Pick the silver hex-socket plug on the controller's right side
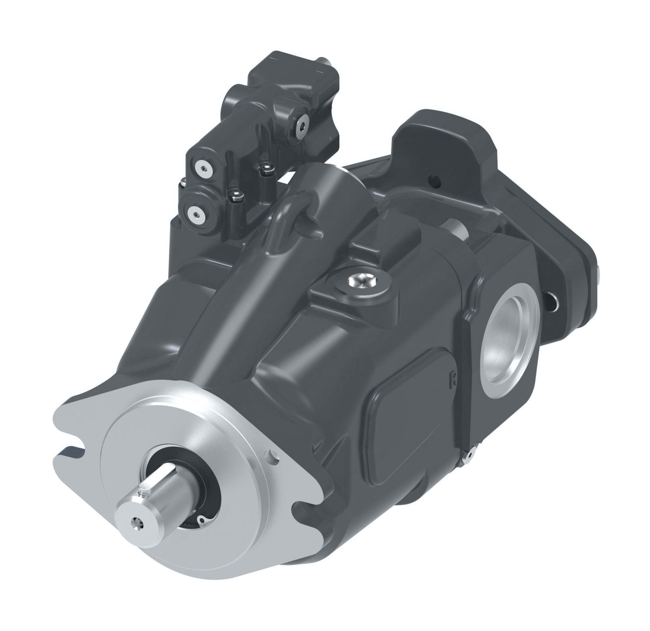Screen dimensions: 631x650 pos(301,126)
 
